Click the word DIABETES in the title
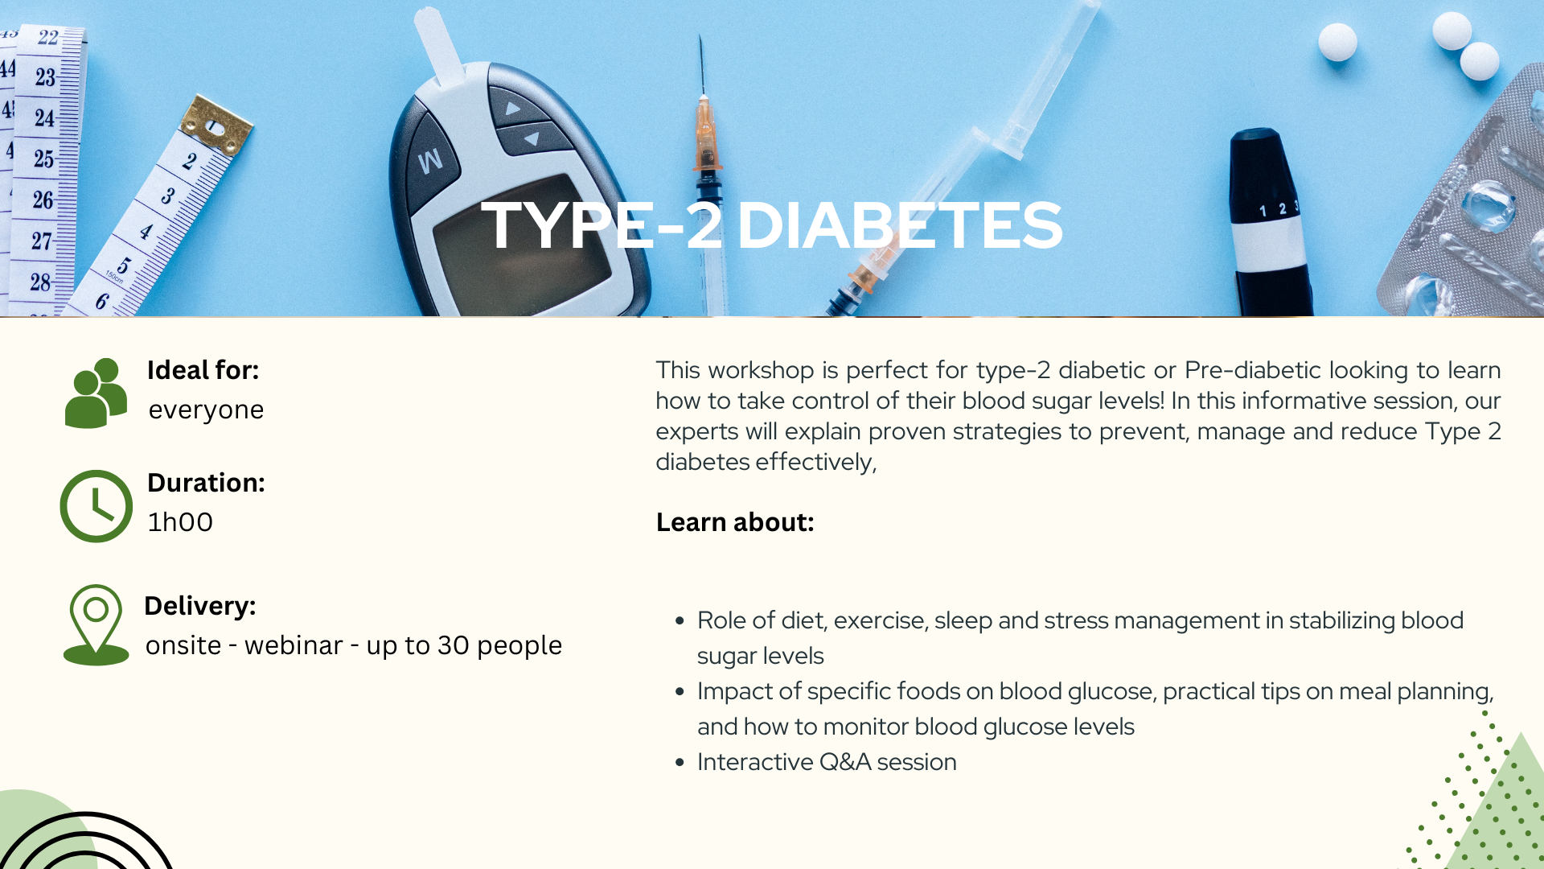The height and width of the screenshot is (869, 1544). (x=900, y=225)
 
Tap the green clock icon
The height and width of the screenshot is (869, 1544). (x=96, y=506)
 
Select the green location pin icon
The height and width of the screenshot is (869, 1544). (x=96, y=625)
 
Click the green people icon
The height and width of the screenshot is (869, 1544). (x=96, y=393)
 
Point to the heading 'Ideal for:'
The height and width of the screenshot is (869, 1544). (x=203, y=370)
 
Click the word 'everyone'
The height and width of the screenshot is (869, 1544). (x=206, y=410)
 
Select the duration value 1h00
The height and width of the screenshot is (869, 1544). (x=180, y=522)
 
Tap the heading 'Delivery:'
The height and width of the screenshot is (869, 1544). (x=200, y=606)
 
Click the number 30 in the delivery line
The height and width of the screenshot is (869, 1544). (x=454, y=645)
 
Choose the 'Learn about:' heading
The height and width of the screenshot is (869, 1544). (x=735, y=522)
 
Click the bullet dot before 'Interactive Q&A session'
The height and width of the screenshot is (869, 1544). (x=680, y=762)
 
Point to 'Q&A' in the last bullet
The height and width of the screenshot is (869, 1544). (x=845, y=762)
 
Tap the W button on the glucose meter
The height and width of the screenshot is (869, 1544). (x=430, y=160)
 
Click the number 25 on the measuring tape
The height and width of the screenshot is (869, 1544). (x=44, y=159)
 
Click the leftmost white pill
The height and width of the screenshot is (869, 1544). (x=1338, y=42)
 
